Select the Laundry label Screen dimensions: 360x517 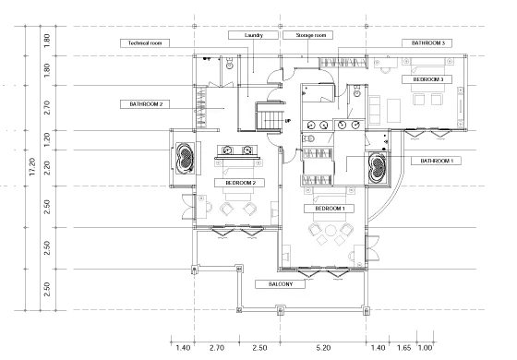[x=254, y=36]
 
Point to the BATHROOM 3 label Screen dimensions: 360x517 [x=428, y=42]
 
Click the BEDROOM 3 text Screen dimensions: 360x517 [x=428, y=80]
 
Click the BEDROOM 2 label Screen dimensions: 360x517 [x=239, y=184]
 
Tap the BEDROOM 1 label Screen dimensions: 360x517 [x=330, y=210]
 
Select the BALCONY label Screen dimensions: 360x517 [x=281, y=284]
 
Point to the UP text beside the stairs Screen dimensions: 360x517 [x=288, y=121]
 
